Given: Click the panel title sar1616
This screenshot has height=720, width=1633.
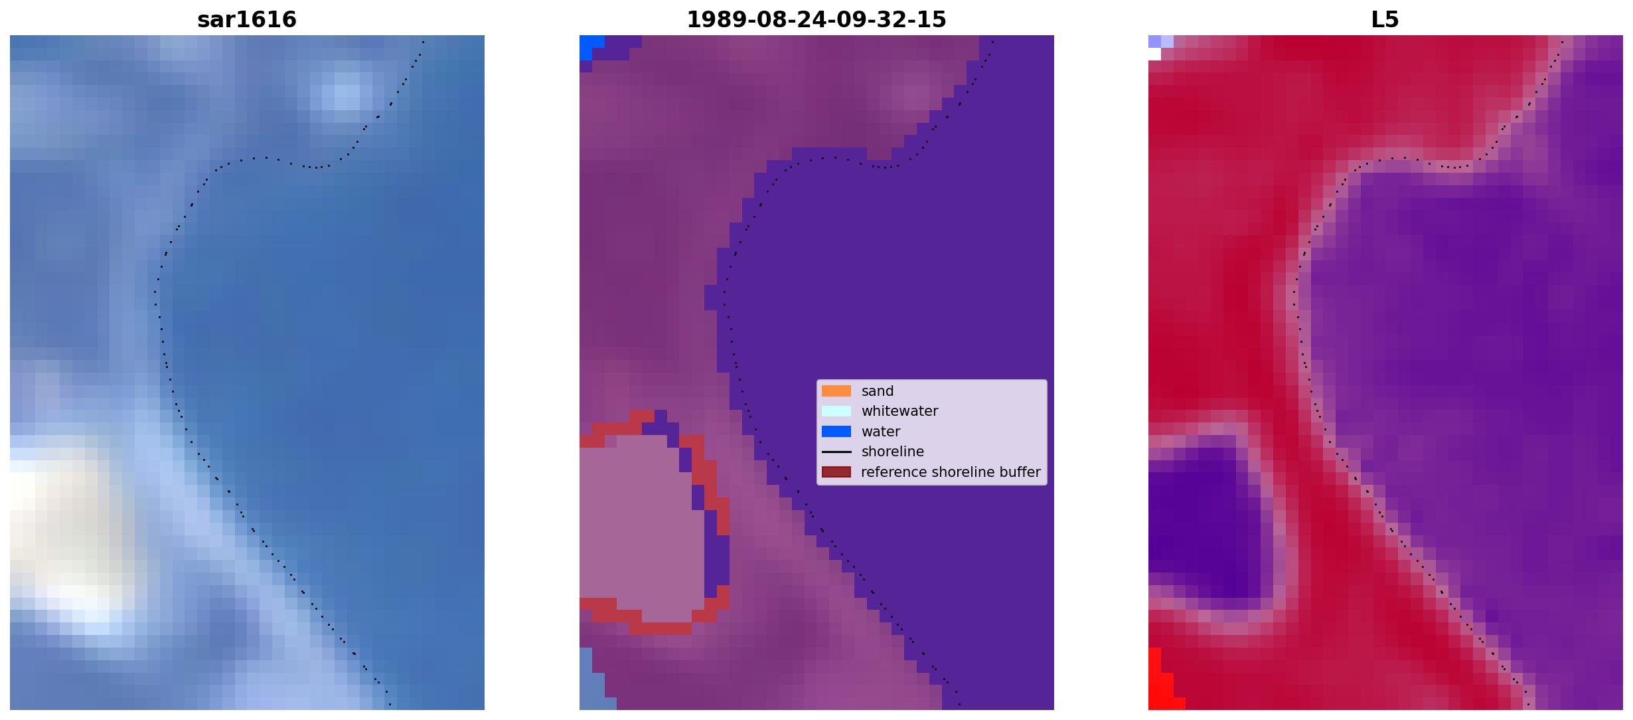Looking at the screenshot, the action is coord(247,19).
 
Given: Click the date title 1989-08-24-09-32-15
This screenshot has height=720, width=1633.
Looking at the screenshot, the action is coord(816,19).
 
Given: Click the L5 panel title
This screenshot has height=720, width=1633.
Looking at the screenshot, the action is coord(1385,19).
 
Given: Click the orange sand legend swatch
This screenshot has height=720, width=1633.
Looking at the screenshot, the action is coord(836,391).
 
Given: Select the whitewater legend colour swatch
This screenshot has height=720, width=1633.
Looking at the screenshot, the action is coord(836,411).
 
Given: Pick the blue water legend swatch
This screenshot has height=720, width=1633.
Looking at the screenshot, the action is coord(836,432).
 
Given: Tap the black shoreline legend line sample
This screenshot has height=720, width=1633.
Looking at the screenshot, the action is coord(836,452).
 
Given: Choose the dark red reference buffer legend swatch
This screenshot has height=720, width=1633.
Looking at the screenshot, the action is coord(836,472).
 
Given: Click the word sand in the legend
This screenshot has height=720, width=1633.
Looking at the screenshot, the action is coord(878,391).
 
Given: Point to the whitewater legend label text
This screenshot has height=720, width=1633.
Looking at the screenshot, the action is coord(899,411).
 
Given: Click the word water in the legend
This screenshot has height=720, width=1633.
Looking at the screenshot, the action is coord(881,432).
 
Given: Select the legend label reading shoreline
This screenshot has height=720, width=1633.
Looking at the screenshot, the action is coord(893,452).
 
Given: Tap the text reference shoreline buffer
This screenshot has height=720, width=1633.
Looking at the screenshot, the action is coord(951,472).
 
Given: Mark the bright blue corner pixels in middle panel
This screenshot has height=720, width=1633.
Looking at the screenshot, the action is coord(589,45).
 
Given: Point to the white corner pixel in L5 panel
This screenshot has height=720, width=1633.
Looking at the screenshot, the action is coord(1154,54).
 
